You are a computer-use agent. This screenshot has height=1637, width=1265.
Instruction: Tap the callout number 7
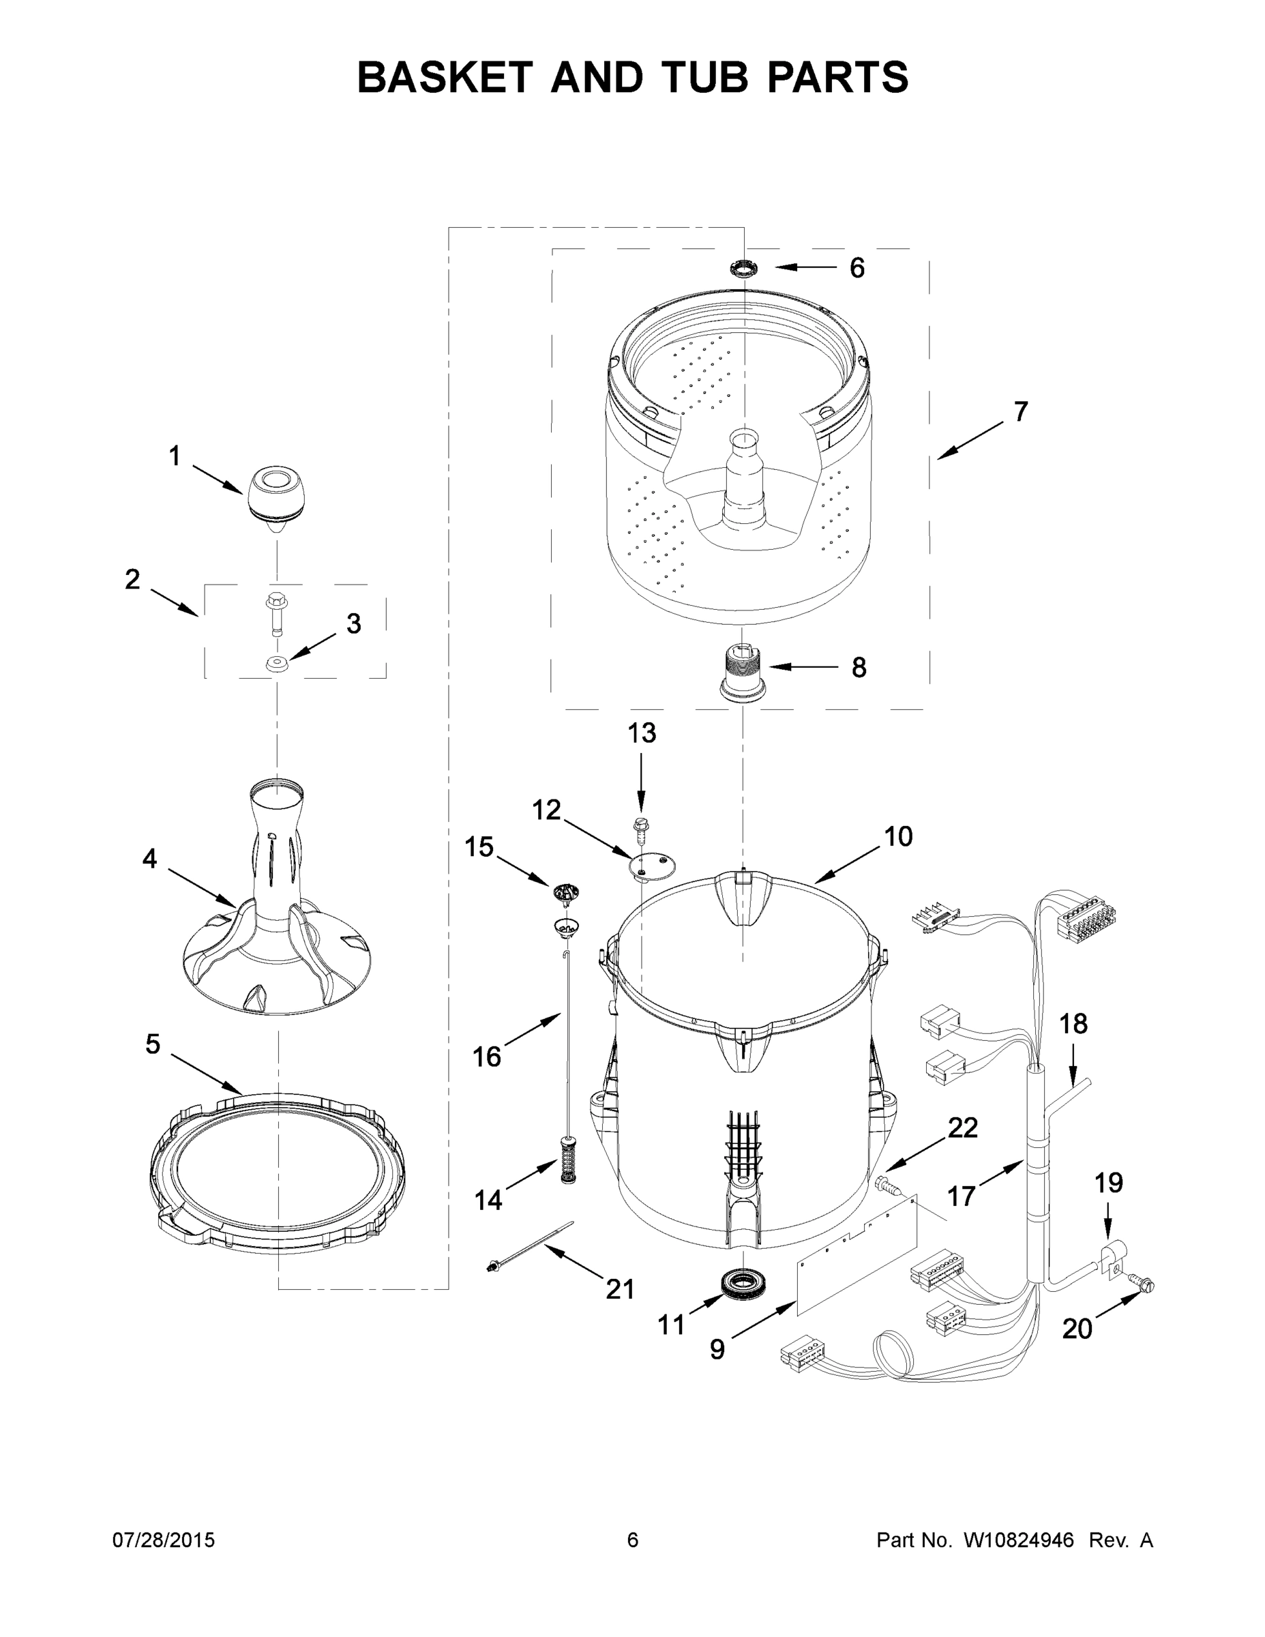pos(1021,411)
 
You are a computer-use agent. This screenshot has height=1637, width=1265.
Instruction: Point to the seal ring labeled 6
pos(744,267)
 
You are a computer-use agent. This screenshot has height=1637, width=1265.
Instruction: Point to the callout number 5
pos(153,1044)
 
